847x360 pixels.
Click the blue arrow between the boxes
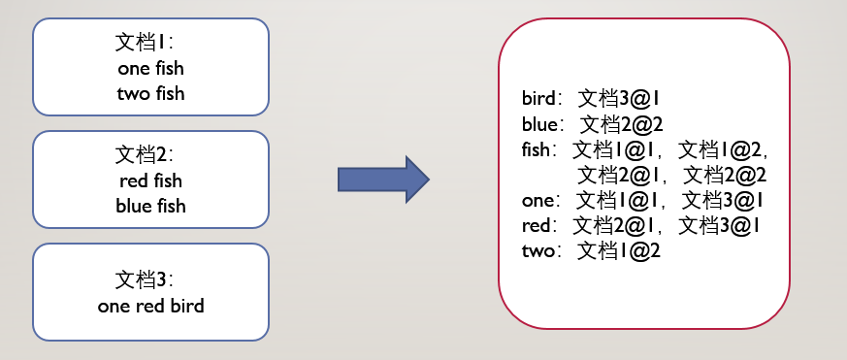tap(383, 180)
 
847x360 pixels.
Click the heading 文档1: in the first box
tap(144, 42)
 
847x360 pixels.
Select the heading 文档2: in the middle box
tap(144, 155)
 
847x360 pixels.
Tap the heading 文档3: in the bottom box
tap(144, 279)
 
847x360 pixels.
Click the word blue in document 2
tap(134, 206)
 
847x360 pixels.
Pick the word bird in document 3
tap(187, 306)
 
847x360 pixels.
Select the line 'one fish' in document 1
tap(150, 69)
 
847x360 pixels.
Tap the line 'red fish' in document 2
tap(150, 181)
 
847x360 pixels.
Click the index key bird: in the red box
tap(542, 98)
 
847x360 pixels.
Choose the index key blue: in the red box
tap(543, 125)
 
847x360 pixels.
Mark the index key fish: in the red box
tap(539, 149)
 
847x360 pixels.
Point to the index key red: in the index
tap(539, 226)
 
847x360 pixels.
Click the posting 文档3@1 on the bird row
tap(619, 98)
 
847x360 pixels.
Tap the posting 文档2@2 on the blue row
tap(621, 125)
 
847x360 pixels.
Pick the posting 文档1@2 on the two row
tap(619, 251)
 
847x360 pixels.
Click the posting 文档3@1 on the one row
tap(723, 201)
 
